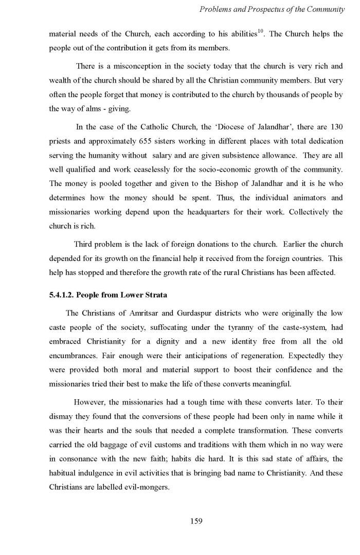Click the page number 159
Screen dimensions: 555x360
point(196,521)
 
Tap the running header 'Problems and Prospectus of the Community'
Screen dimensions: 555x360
point(271,10)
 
